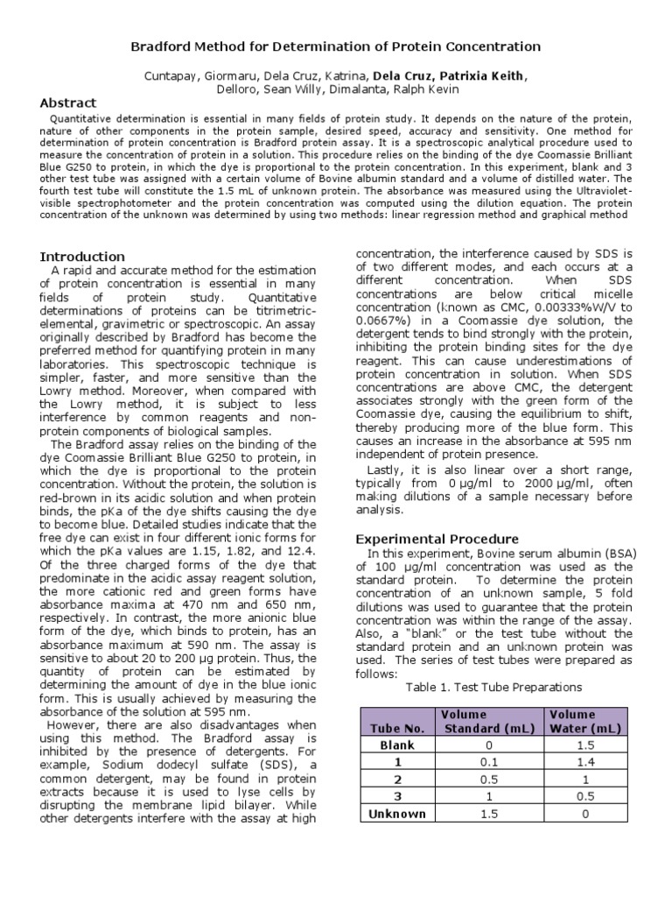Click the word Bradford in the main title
162,46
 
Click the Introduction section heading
82,256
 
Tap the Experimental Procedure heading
437,539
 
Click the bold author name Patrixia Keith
489,76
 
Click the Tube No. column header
396,728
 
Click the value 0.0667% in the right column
380,321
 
